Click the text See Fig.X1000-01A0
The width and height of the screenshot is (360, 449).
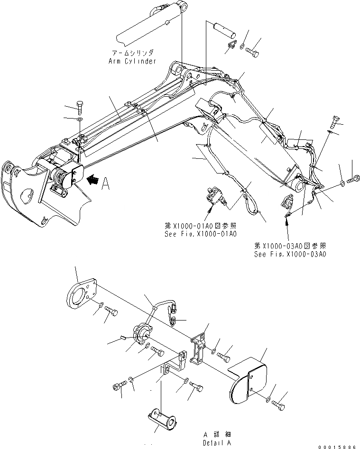pyautogui.click(x=199, y=234)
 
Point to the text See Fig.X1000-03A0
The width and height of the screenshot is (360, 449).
pyautogui.click(x=290, y=254)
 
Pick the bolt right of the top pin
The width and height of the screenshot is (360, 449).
pyautogui.click(x=253, y=50)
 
